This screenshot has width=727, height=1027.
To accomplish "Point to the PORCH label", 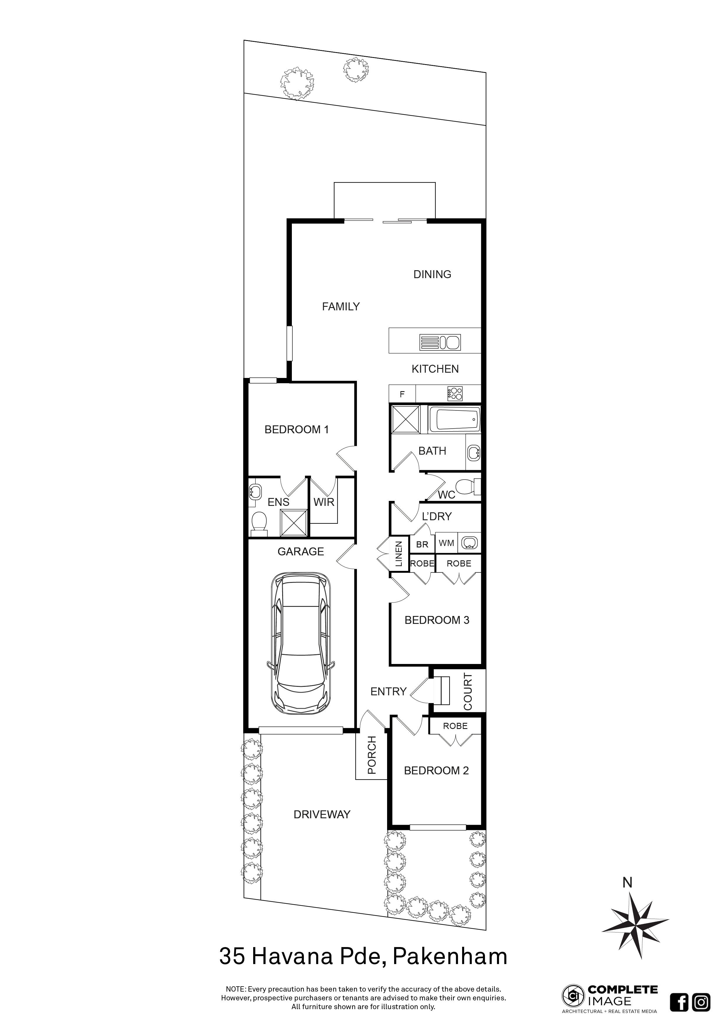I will click(x=372, y=756).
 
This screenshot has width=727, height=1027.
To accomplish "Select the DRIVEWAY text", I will click(x=322, y=814).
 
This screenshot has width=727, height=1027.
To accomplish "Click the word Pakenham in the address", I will click(x=450, y=957).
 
